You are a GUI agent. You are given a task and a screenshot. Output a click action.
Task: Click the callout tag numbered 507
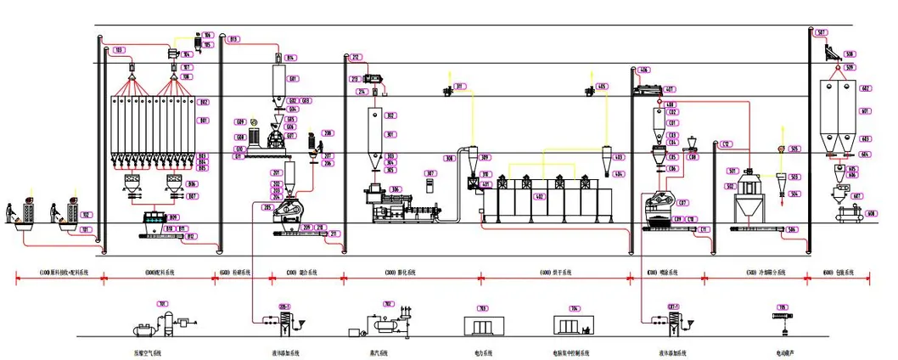[822, 33]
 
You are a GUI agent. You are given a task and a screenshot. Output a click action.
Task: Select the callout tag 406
[644, 70]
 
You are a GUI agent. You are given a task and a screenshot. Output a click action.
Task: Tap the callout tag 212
[356, 58]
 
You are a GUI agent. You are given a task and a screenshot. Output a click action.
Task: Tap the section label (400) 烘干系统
[555, 273]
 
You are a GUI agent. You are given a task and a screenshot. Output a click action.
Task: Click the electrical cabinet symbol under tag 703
[480, 325]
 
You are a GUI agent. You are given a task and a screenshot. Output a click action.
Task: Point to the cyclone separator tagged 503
[783, 179]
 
